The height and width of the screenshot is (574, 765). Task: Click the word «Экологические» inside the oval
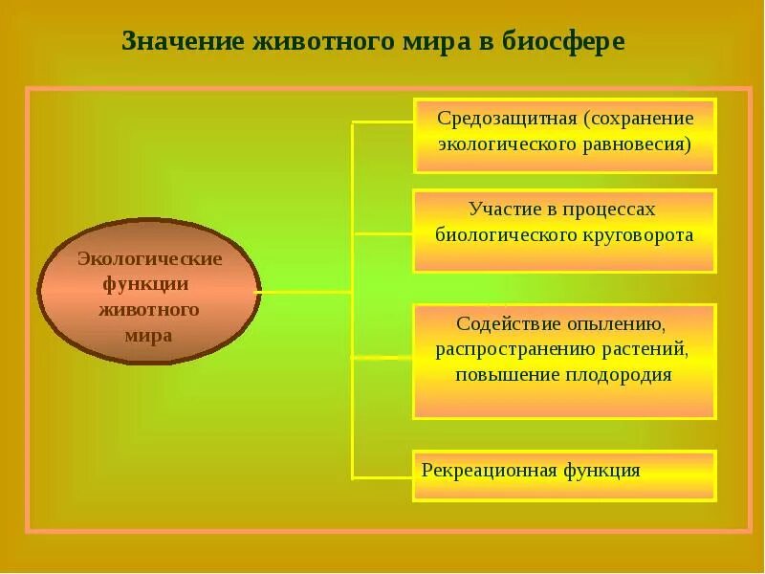tap(149, 259)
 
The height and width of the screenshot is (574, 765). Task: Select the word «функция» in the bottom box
tap(601, 471)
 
